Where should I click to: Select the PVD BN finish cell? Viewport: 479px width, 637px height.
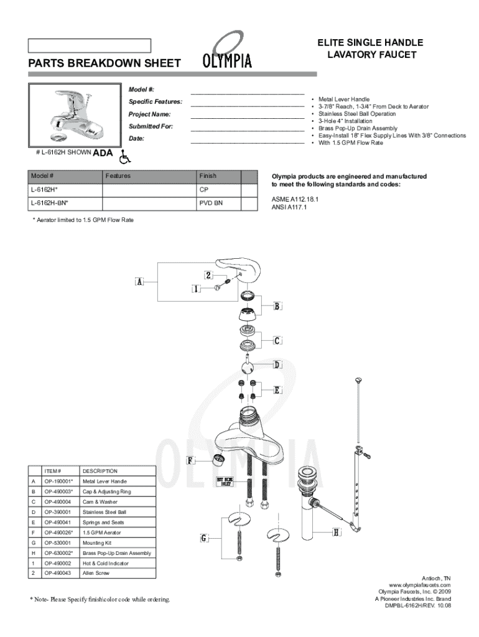coord(211,203)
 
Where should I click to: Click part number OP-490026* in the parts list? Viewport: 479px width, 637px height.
coord(59,532)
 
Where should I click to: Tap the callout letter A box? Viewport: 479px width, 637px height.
coord(140,282)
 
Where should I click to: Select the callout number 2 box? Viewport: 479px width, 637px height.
coord(209,275)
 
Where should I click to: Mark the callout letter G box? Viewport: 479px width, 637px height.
coord(203,538)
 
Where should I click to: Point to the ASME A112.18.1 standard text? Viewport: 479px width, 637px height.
coord(295,199)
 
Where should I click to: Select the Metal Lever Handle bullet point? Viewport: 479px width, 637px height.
coord(344,99)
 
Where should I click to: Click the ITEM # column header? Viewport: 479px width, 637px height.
coord(53,471)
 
